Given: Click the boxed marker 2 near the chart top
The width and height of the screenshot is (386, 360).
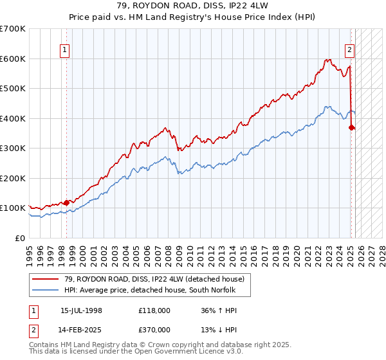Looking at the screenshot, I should [349, 50].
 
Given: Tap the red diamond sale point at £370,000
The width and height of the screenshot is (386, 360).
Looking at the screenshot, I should [351, 127].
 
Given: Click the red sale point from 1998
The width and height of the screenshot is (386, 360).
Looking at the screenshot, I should [66, 203].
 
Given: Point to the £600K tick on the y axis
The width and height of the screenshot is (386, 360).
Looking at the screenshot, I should [14, 59].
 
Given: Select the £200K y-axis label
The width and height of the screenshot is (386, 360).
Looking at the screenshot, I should [14, 178].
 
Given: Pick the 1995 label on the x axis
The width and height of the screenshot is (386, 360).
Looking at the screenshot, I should [30, 251].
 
